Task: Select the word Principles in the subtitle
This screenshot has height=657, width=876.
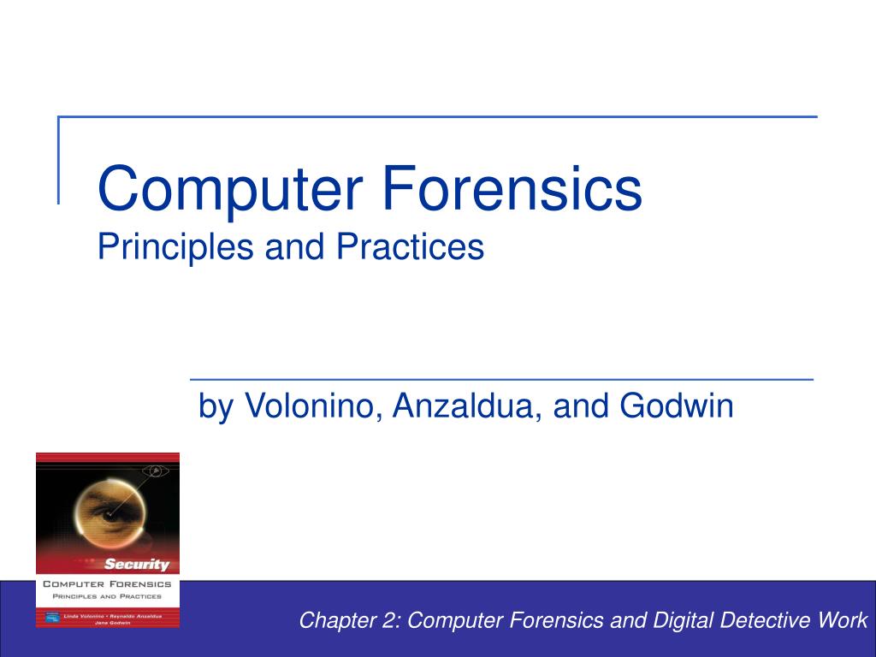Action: [175, 247]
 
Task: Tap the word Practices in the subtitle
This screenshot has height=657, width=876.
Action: [410, 247]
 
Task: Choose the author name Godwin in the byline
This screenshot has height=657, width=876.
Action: [677, 405]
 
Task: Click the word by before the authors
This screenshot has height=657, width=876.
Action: [216, 407]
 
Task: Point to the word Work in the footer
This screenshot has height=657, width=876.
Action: [843, 621]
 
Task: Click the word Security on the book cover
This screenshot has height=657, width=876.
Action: [137, 564]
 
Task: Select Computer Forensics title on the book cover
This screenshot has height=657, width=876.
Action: [107, 584]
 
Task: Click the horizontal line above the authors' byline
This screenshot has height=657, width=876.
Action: [500, 378]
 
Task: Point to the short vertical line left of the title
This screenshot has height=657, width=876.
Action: [58, 159]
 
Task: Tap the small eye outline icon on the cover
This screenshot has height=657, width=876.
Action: [156, 470]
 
